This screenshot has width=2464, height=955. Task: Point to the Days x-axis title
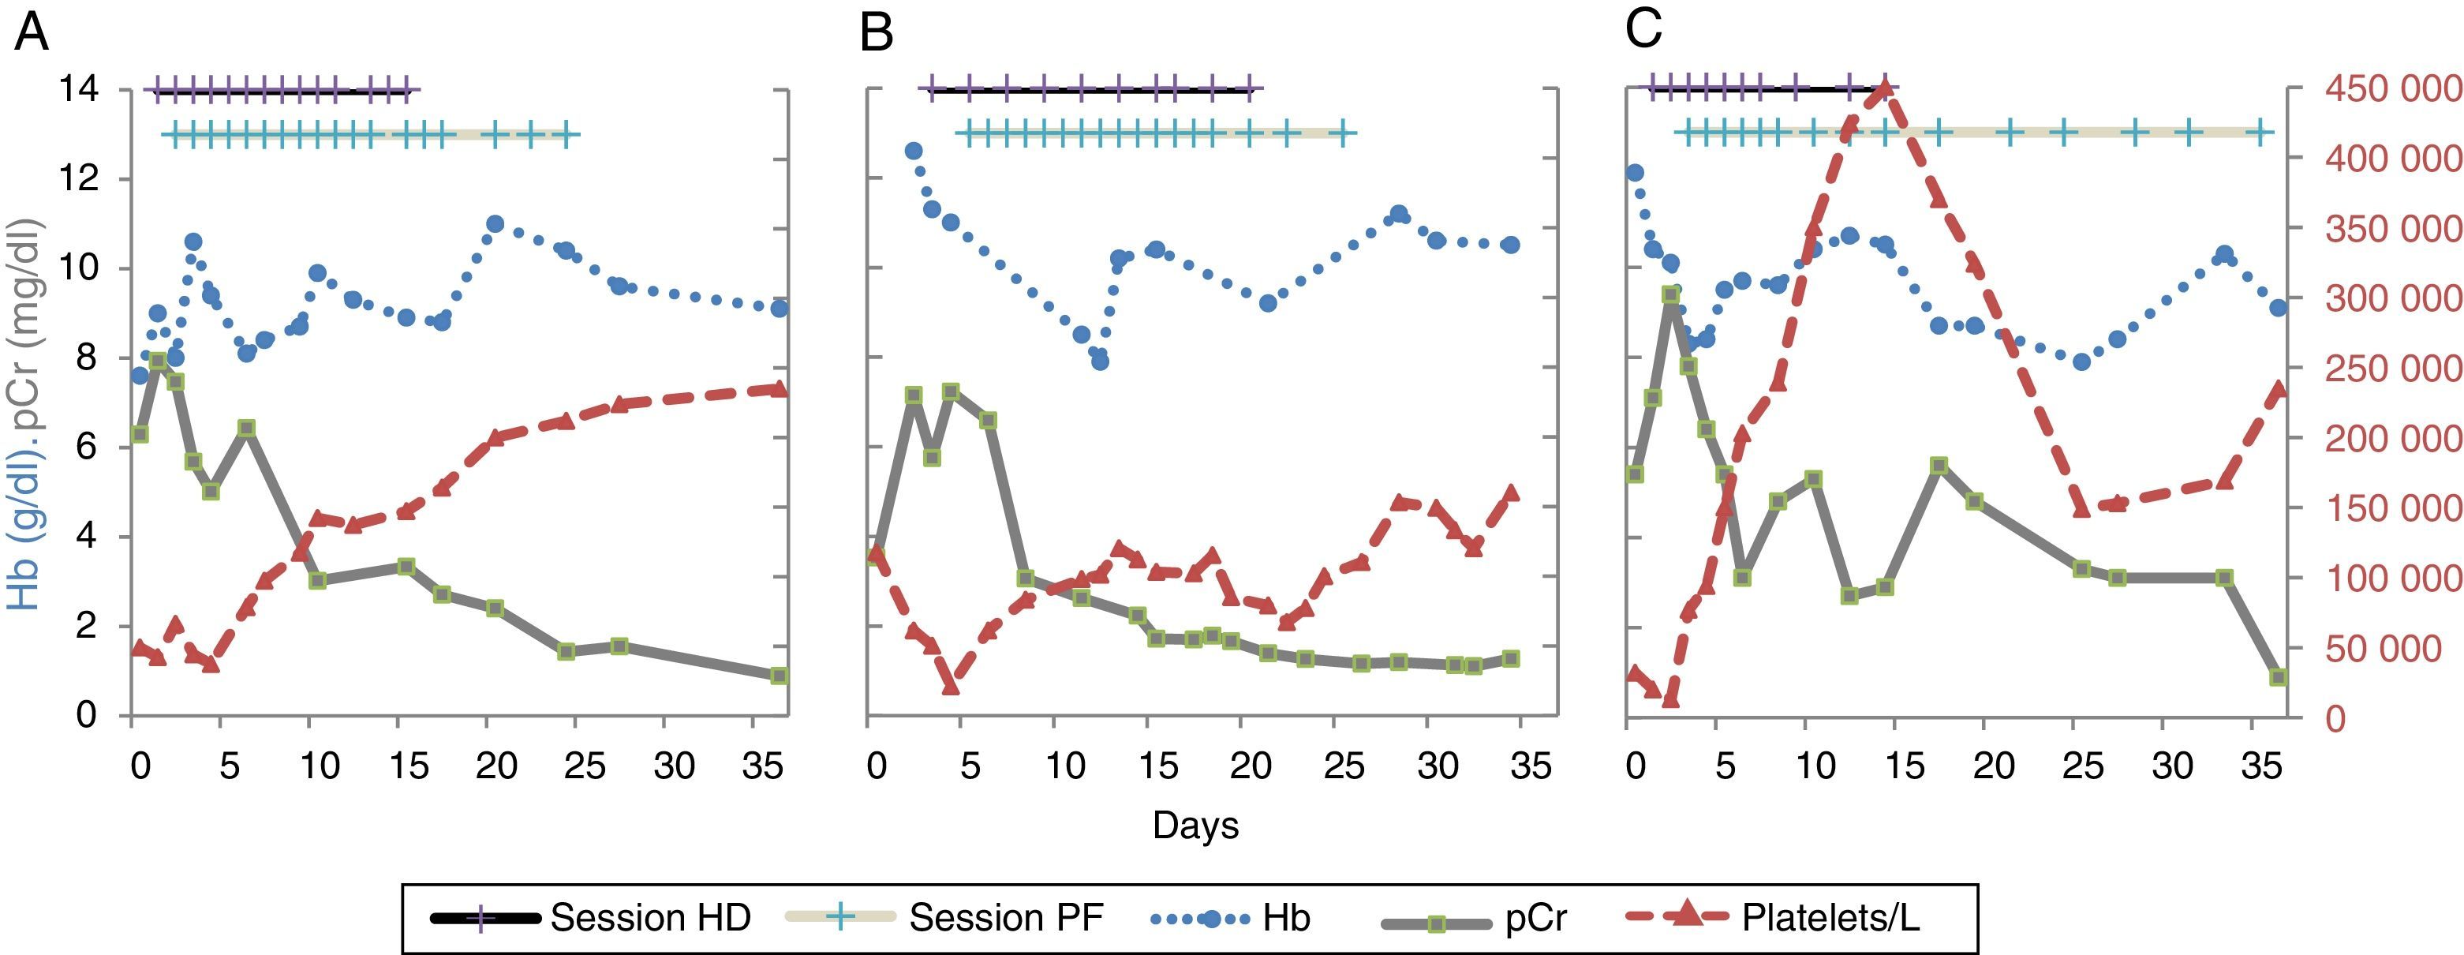coord(1195,825)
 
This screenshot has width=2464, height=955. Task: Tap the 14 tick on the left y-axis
coord(77,89)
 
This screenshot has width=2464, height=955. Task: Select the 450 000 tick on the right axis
coord(2391,89)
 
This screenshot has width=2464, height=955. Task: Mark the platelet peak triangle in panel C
coord(1884,89)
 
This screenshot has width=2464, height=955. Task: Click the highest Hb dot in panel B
coord(914,152)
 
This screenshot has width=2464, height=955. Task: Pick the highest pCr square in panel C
coord(1670,294)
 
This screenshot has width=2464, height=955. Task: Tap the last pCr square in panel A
coord(779,676)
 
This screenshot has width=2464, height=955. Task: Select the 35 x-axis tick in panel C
coord(2260,766)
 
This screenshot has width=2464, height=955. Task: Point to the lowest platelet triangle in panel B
coord(950,685)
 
